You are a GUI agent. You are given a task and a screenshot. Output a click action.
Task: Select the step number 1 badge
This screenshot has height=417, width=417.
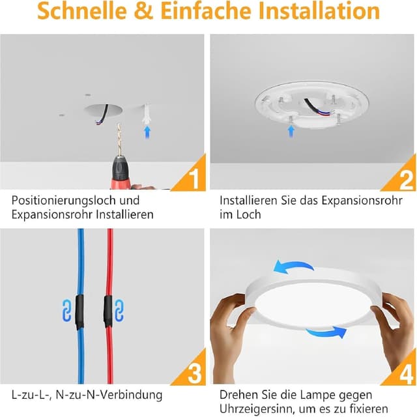[x=194, y=177]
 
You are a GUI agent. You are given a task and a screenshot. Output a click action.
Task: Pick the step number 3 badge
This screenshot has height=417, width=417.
[x=194, y=373]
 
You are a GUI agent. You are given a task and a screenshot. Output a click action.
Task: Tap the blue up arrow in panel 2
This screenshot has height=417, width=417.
[x=291, y=131]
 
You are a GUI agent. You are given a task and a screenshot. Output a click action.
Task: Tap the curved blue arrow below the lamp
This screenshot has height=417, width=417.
[x=326, y=333]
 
